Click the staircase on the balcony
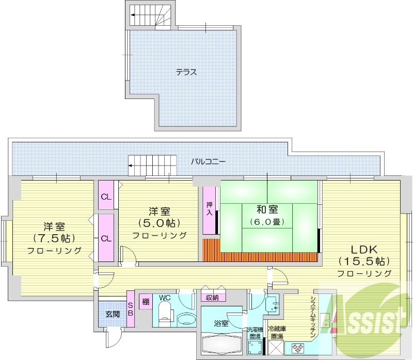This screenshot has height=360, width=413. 152,165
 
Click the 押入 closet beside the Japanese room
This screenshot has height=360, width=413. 210,208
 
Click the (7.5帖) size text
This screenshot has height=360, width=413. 54,238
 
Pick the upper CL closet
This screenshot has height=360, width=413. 105,196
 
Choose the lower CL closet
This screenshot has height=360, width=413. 105,238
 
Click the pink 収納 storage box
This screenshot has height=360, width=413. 213,297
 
